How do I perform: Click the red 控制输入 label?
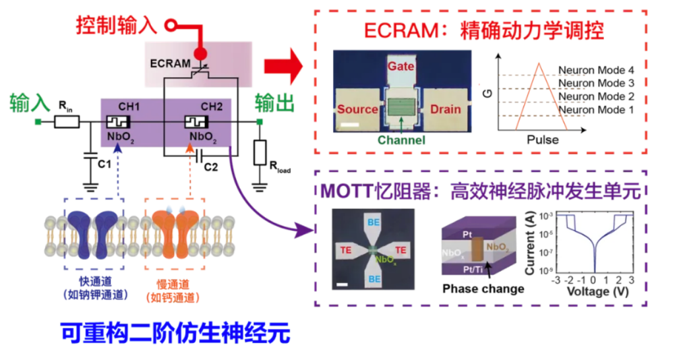116,25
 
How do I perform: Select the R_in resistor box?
66,121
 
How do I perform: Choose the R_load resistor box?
260,152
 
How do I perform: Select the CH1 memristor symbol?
119,122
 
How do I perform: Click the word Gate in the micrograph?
400,67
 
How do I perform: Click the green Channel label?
401,140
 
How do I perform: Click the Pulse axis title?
543,140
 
